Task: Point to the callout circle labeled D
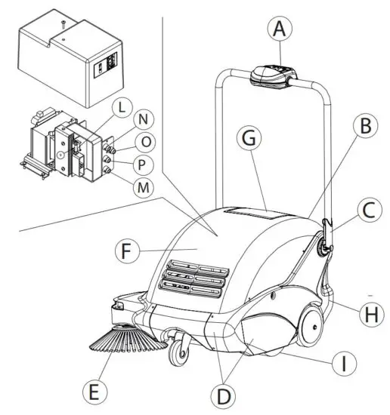click(x=225, y=395)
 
